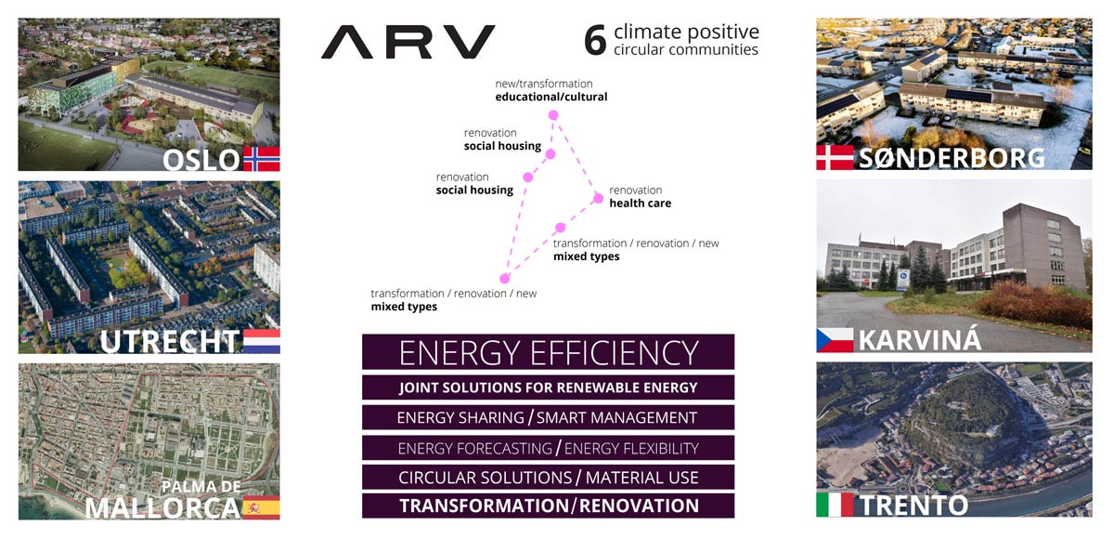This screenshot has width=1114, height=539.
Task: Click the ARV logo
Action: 408,42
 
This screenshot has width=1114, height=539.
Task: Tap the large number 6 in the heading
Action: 595,40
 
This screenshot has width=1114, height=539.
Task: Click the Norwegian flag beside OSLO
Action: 262,159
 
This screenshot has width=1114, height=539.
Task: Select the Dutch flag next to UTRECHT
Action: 262,341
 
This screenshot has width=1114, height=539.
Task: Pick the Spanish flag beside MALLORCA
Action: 262,507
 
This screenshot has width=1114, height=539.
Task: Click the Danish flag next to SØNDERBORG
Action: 835,157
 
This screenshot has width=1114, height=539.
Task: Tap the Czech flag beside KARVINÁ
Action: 835,340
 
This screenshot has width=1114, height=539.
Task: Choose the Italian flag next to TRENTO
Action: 835,505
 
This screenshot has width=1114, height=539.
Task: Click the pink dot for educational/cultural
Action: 553,115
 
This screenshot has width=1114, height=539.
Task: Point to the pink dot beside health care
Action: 598,199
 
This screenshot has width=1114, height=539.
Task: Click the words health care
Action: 640,204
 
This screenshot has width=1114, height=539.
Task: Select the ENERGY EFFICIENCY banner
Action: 548,352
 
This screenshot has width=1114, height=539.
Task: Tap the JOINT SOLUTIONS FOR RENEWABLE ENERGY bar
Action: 548,388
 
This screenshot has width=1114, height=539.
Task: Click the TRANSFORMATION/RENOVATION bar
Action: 548,506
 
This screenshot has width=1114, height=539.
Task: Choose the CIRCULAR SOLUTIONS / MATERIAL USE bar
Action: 548,478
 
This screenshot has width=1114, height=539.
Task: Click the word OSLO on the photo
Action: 201,160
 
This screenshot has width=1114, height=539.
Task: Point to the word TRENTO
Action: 913,506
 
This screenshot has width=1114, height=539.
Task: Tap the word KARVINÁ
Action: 920,339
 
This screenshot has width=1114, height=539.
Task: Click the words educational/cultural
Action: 551,97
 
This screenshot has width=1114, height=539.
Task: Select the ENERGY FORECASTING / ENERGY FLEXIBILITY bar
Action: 548,448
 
